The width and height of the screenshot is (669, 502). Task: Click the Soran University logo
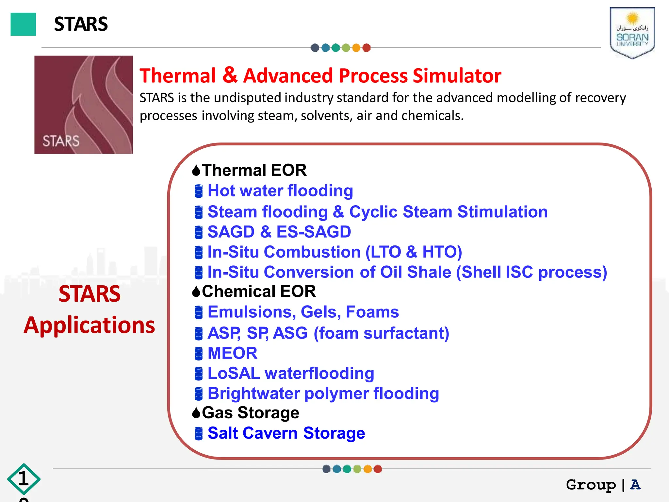(x=632, y=33)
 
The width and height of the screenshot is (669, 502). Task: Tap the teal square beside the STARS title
(x=23, y=24)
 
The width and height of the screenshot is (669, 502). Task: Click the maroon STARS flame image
(x=84, y=105)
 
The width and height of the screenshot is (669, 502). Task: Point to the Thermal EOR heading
(x=254, y=170)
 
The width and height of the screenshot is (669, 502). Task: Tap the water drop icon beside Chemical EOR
(x=196, y=291)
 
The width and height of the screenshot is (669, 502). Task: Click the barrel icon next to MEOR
(x=199, y=353)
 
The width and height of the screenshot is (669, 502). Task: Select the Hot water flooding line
(x=280, y=191)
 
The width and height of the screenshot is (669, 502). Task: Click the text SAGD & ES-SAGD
(x=279, y=232)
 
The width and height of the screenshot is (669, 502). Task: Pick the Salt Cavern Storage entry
(x=286, y=433)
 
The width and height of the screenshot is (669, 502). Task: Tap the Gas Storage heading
(x=250, y=413)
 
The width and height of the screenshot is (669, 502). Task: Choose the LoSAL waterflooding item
(x=291, y=373)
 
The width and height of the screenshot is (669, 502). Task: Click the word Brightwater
(x=253, y=393)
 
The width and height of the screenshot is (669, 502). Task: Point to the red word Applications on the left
(x=90, y=325)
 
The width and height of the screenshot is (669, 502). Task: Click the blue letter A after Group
(x=635, y=484)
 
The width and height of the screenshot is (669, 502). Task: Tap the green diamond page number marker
(x=24, y=479)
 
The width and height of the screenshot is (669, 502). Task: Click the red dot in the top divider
(x=367, y=48)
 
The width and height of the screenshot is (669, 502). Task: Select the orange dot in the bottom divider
(x=367, y=469)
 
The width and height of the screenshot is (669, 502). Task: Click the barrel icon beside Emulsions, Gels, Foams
(x=199, y=312)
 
